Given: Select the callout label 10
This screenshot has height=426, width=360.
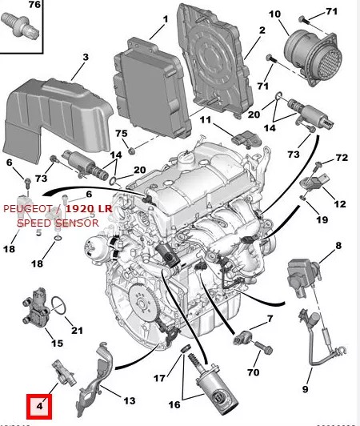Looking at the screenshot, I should coord(274,14).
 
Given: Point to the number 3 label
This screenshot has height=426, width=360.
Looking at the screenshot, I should coord(84,57).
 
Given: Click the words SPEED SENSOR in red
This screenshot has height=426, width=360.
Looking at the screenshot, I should coord(58,223).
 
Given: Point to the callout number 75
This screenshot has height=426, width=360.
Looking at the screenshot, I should coord(122,132).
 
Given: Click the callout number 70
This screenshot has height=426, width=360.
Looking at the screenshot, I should coord(254,372).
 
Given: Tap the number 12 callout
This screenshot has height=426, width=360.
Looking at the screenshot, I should coord(339,204).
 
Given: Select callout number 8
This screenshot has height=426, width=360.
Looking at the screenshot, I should coord(338,245).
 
